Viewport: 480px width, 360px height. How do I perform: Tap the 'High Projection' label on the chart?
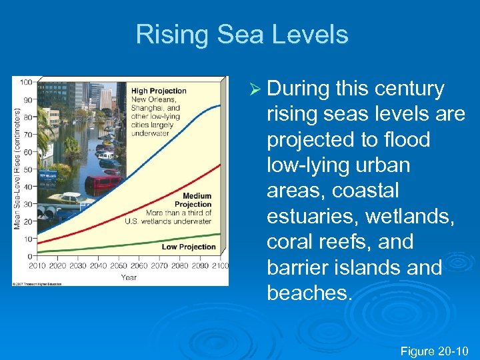pyautogui.click(x=159, y=91)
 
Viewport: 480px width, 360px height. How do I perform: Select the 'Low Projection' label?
pyautogui.click(x=189, y=247)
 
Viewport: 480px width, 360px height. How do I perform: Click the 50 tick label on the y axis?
pyautogui.click(x=28, y=169)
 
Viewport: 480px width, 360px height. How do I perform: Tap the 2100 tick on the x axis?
pyautogui.click(x=219, y=265)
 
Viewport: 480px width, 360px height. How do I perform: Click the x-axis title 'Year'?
pyautogui.click(x=129, y=277)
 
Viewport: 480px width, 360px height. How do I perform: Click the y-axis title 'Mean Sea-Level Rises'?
pyautogui.click(x=17, y=169)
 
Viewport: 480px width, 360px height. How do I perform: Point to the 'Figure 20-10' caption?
pyautogui.click(x=435, y=351)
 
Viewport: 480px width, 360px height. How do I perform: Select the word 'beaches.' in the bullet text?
pyautogui.click(x=309, y=293)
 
